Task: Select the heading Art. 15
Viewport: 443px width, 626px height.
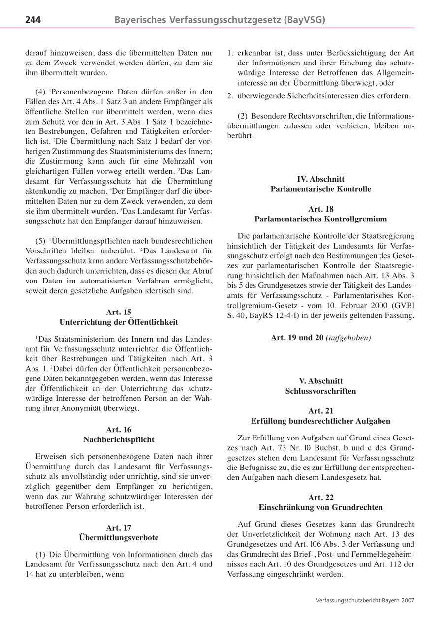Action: [x=119, y=312]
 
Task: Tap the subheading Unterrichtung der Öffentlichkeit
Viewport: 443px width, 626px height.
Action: [x=119, y=322]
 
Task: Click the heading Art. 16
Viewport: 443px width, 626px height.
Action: [x=119, y=429]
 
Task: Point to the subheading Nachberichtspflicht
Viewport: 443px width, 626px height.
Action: [x=119, y=439]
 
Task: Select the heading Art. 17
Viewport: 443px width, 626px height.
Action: [x=119, y=528]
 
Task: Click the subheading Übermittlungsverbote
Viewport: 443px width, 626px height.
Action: [x=119, y=538]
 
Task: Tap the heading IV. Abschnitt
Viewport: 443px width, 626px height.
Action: [x=320, y=179]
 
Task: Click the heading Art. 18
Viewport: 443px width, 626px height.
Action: [x=320, y=209]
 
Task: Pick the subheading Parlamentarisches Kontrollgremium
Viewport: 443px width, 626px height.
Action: [x=320, y=219]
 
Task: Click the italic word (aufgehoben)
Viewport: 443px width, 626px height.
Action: [x=348, y=338]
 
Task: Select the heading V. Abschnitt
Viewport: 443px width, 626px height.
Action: [x=320, y=381]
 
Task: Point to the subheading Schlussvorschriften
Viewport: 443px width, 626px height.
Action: [x=320, y=391]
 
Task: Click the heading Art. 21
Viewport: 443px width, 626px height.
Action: [x=320, y=410]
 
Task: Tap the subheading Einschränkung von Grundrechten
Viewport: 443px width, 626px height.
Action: [x=320, y=507]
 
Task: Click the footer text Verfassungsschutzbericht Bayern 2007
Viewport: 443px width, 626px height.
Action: [x=365, y=600]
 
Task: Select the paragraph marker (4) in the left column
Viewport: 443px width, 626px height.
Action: [x=40, y=92]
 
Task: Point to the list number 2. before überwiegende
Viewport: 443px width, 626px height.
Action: [x=230, y=96]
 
